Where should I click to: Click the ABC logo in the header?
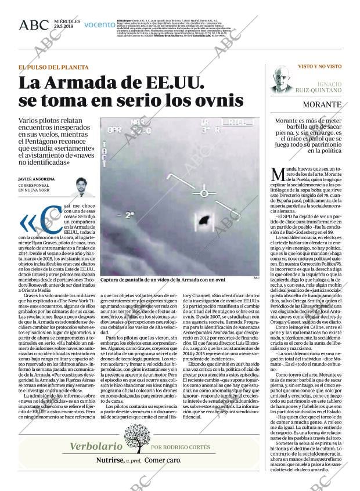coord(34,25)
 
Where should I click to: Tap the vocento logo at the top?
coord(99,25)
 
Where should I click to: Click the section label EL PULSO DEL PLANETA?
coord(53,67)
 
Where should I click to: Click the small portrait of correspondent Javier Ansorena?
coord(79,186)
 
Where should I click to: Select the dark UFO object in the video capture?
coord(204,220)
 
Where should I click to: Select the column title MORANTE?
coord(321,105)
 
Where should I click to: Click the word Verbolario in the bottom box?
coord(96,446)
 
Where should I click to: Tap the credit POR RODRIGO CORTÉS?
coord(179,447)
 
